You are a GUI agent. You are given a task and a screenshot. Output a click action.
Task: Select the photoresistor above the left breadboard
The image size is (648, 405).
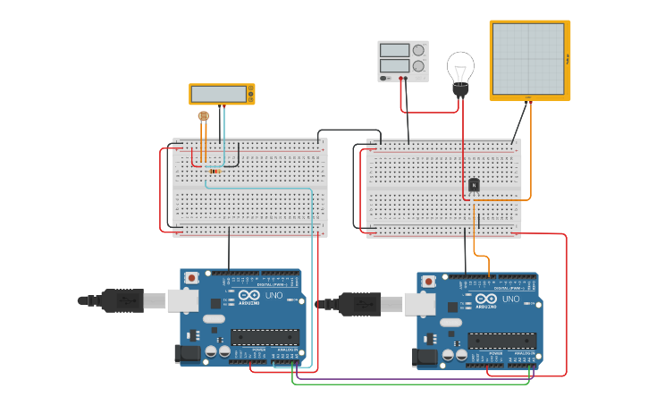[202, 116]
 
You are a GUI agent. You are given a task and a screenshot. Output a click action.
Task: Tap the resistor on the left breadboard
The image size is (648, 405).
[215, 171]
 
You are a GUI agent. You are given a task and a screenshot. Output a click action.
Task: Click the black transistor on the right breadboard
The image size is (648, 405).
[474, 185]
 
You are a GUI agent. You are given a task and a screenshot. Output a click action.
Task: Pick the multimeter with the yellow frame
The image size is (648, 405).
[222, 94]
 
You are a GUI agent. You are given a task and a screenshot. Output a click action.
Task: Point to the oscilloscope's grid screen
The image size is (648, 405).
[528, 59]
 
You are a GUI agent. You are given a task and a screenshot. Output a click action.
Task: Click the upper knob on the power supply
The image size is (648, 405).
[417, 50]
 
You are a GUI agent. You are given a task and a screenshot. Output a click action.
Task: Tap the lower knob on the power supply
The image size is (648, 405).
[417, 65]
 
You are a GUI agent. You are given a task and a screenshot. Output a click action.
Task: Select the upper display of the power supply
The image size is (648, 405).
[394, 50]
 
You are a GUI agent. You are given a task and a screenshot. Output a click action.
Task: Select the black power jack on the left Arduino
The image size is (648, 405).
[188, 353]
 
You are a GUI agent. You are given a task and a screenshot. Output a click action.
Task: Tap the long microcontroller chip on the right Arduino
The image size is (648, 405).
[502, 341]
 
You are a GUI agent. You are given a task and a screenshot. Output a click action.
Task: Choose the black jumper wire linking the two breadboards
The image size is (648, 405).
[349, 131]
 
